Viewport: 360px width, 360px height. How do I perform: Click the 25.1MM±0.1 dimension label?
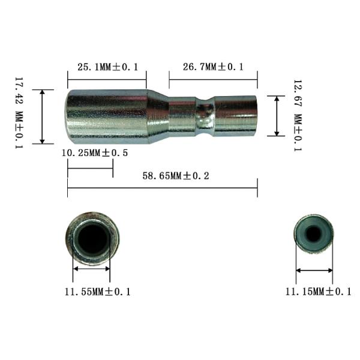[x=106, y=67]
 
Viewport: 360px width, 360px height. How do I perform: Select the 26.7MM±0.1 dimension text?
[x=213, y=67]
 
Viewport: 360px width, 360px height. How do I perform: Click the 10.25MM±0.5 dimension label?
[x=95, y=153]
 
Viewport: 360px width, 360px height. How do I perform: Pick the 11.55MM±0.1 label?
[x=97, y=292]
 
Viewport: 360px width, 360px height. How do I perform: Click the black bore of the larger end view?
[x=92, y=238]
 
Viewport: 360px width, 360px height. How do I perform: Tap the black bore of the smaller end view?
[x=313, y=233]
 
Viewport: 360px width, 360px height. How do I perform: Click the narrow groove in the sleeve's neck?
[x=205, y=116]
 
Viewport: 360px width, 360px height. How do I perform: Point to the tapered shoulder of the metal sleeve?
[x=158, y=116]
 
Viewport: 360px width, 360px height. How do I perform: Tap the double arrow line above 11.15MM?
[x=314, y=271]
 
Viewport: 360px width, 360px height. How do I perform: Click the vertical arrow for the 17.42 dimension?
[x=43, y=116]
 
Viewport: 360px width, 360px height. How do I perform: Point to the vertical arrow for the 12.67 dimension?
[x=276, y=115]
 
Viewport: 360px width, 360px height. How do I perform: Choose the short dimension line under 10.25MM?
[x=90, y=169]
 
